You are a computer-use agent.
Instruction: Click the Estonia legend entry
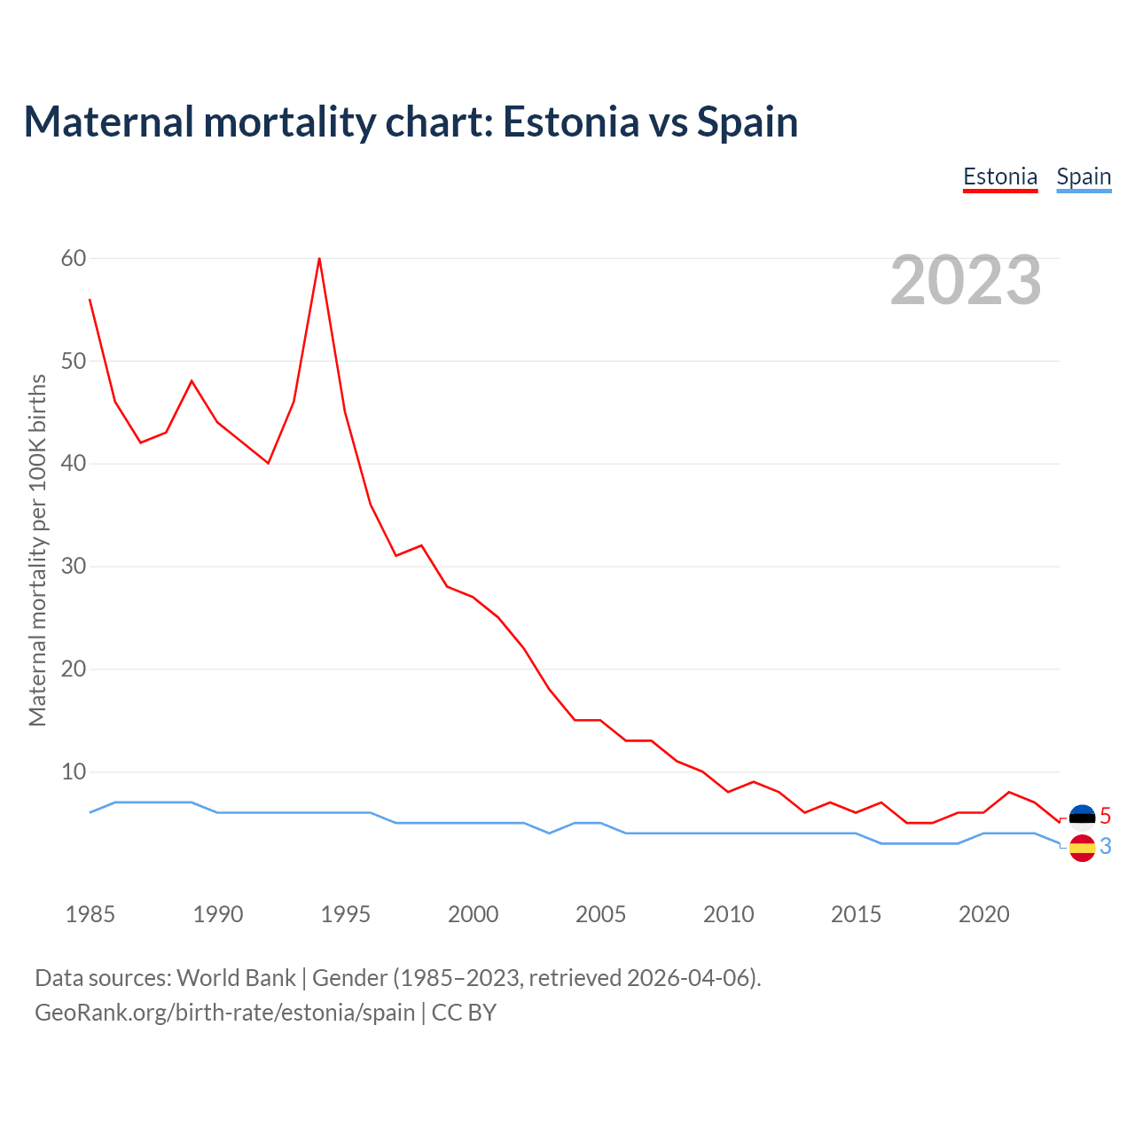pyautogui.click(x=1000, y=176)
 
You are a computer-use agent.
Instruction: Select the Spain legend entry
pyautogui.click(x=1084, y=176)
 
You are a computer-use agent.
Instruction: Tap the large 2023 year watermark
pyautogui.click(x=966, y=280)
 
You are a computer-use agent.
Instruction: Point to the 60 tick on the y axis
pyautogui.click(x=74, y=258)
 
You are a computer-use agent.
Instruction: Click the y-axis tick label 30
pyautogui.click(x=74, y=566)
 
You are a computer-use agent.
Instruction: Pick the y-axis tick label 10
pyautogui.click(x=74, y=771)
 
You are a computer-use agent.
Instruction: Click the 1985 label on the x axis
pyautogui.click(x=90, y=914)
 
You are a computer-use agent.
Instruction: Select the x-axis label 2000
pyautogui.click(x=473, y=914)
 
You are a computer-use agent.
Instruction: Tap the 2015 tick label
pyautogui.click(x=856, y=914)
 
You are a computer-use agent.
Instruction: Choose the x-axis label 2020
pyautogui.click(x=983, y=914)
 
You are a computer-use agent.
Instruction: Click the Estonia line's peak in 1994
pyautogui.click(x=319, y=259)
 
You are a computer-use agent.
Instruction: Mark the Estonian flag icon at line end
pyautogui.click(x=1082, y=816)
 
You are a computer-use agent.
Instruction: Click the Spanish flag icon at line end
pyautogui.click(x=1082, y=848)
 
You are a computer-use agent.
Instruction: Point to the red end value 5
pyautogui.click(x=1105, y=816)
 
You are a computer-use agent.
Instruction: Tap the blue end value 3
pyautogui.click(x=1105, y=847)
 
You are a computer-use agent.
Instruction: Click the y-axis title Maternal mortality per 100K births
pyautogui.click(x=37, y=550)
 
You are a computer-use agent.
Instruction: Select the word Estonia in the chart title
pyautogui.click(x=570, y=121)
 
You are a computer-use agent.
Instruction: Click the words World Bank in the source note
pyautogui.click(x=236, y=977)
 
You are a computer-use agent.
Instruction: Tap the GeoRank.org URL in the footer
pyautogui.click(x=224, y=1012)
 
